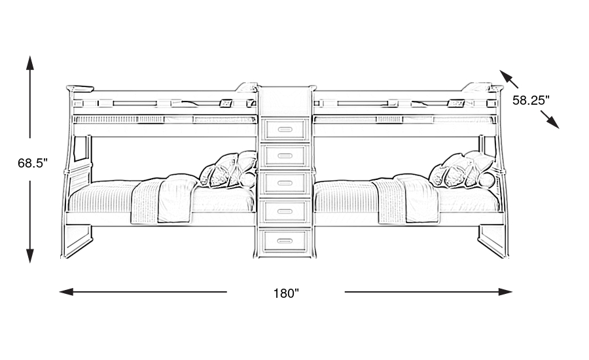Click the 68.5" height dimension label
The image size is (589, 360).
coord(33,164)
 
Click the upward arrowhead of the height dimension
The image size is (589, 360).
coord(30,63)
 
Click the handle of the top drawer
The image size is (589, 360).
coord(285,126)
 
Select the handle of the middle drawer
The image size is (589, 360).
coord(285,183)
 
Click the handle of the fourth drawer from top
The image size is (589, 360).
coord(285,211)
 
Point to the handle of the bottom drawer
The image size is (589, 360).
coord(285,242)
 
